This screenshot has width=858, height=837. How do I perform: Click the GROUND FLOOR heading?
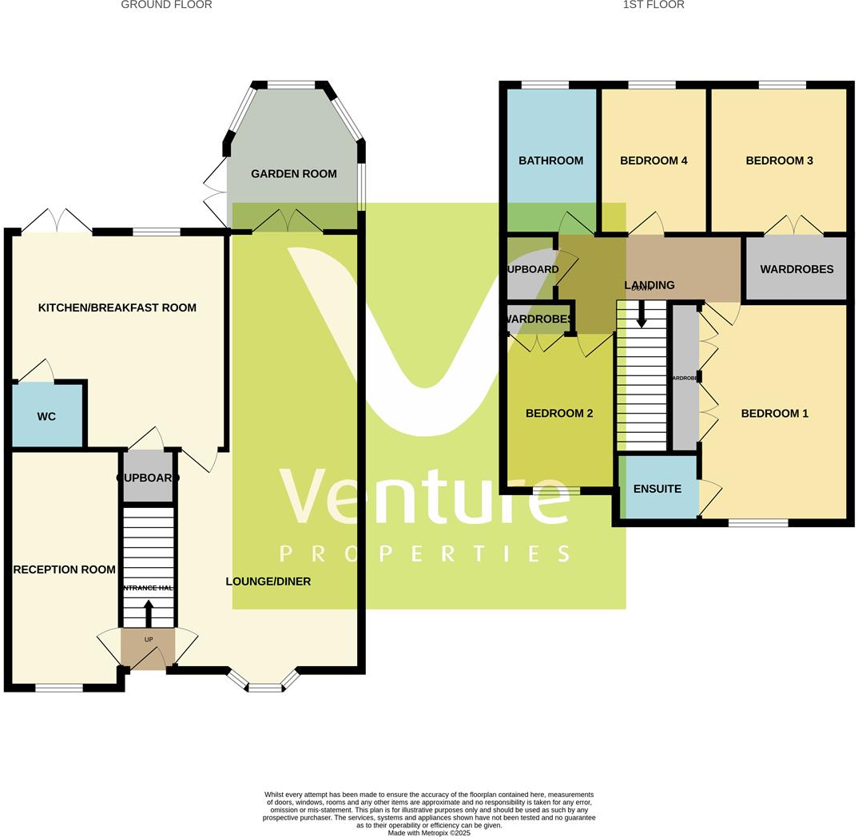(x=166, y=5)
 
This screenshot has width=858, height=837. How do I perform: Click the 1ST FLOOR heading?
(x=653, y=5)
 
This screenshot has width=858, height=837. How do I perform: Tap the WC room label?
(x=46, y=417)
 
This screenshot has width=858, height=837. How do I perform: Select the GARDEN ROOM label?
(x=293, y=174)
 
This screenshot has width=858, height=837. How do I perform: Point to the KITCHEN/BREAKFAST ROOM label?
(x=117, y=307)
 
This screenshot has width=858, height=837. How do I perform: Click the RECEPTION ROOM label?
(x=64, y=569)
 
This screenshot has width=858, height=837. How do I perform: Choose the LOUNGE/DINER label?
(x=268, y=581)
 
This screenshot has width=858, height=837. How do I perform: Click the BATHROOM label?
(x=550, y=161)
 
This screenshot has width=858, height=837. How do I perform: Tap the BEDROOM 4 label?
(x=653, y=161)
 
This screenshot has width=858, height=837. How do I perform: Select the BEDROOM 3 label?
(x=779, y=161)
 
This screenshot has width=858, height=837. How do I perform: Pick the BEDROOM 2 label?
(x=558, y=414)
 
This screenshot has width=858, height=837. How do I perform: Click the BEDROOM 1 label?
(x=774, y=414)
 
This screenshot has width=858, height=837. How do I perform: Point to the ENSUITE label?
(x=657, y=489)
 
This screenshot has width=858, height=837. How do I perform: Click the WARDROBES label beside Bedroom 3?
(x=796, y=270)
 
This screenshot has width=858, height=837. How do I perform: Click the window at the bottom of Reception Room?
(x=59, y=688)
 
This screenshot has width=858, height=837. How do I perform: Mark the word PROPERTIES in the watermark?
(x=424, y=553)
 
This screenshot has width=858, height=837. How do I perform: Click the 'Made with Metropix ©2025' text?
(x=429, y=833)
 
